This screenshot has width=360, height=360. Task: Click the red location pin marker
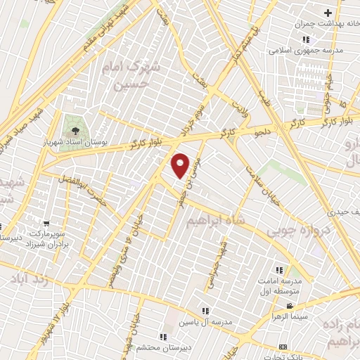181,165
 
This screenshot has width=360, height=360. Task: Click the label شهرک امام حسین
136,77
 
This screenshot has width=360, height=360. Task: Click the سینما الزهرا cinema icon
290,307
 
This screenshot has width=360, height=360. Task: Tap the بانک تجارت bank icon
283,348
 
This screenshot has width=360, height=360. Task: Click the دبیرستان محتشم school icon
165,336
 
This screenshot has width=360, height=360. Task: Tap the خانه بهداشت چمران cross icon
328,13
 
